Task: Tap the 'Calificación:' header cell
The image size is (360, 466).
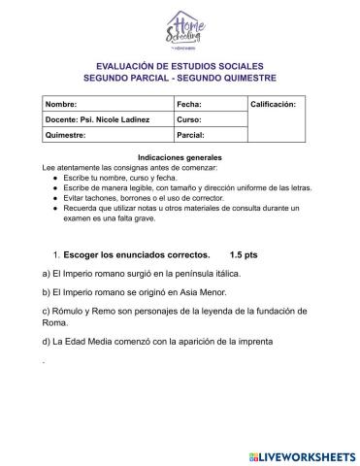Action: click(x=279, y=102)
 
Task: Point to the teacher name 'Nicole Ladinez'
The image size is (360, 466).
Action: click(x=123, y=118)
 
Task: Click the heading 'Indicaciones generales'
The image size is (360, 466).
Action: click(x=180, y=156)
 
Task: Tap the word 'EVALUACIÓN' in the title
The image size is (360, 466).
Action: click(x=123, y=63)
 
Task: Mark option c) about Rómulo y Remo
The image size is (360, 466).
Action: click(x=175, y=316)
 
